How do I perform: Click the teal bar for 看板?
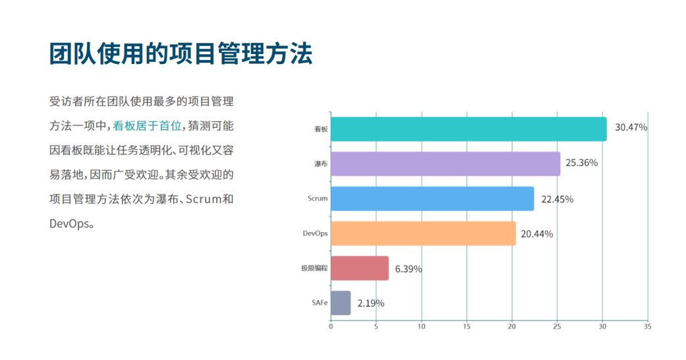[468, 129]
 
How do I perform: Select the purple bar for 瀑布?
[445, 164]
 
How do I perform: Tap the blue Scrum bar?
[432, 198]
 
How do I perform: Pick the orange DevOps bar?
[422, 233]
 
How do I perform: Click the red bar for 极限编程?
[359, 268]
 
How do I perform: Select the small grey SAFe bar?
[340, 303]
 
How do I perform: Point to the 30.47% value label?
[631, 127]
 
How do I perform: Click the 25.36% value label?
[581, 162]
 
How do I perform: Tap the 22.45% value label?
[557, 199]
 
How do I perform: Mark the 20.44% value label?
[536, 234]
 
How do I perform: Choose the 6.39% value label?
[409, 269]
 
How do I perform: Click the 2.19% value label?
[370, 303]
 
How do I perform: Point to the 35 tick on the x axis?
[648, 326]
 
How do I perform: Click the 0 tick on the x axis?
[331, 326]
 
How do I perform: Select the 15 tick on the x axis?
[467, 326]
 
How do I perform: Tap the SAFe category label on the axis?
[320, 303]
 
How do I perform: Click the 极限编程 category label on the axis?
[314, 268]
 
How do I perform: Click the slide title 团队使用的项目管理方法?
[181, 54]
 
